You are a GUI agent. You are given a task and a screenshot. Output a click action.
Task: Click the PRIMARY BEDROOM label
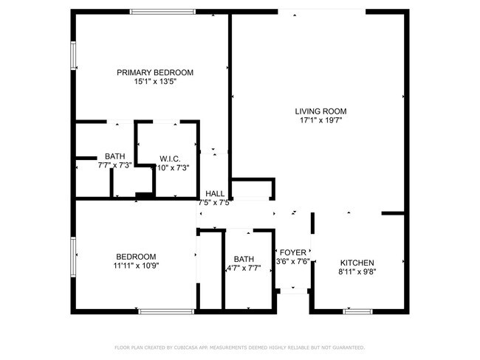155,72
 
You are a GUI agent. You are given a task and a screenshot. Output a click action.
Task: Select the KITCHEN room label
357,263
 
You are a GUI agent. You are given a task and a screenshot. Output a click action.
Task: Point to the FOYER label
292,252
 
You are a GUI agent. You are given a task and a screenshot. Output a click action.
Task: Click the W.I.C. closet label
170,159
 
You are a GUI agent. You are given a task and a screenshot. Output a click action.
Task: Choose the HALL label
215,193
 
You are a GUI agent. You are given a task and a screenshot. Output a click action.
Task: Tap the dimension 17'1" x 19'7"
320,120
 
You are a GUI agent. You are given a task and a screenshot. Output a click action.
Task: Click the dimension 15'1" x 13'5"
155,81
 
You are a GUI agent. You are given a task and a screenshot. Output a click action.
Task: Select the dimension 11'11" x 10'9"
136,266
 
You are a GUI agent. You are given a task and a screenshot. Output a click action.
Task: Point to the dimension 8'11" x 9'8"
357,271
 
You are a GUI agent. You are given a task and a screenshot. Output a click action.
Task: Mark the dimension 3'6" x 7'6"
292,261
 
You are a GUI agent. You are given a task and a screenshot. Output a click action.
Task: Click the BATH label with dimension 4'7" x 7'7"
243,259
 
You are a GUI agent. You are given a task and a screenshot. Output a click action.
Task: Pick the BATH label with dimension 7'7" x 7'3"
114,156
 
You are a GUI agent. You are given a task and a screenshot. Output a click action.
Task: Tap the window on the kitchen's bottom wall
357,311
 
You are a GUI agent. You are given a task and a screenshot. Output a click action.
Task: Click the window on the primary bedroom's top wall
162,11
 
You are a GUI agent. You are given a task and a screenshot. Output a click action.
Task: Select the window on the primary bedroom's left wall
73,55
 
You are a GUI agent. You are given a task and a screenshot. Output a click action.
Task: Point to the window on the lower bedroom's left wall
73,256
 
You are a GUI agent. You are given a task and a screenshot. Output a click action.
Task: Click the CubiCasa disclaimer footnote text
239,347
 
